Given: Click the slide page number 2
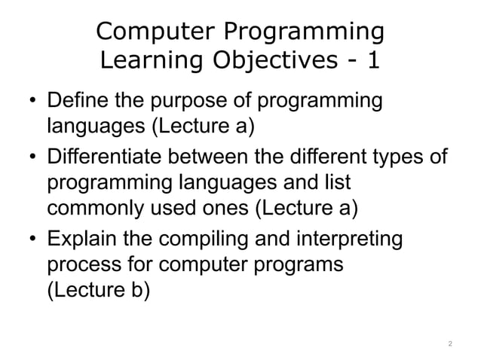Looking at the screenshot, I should [x=449, y=343].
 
